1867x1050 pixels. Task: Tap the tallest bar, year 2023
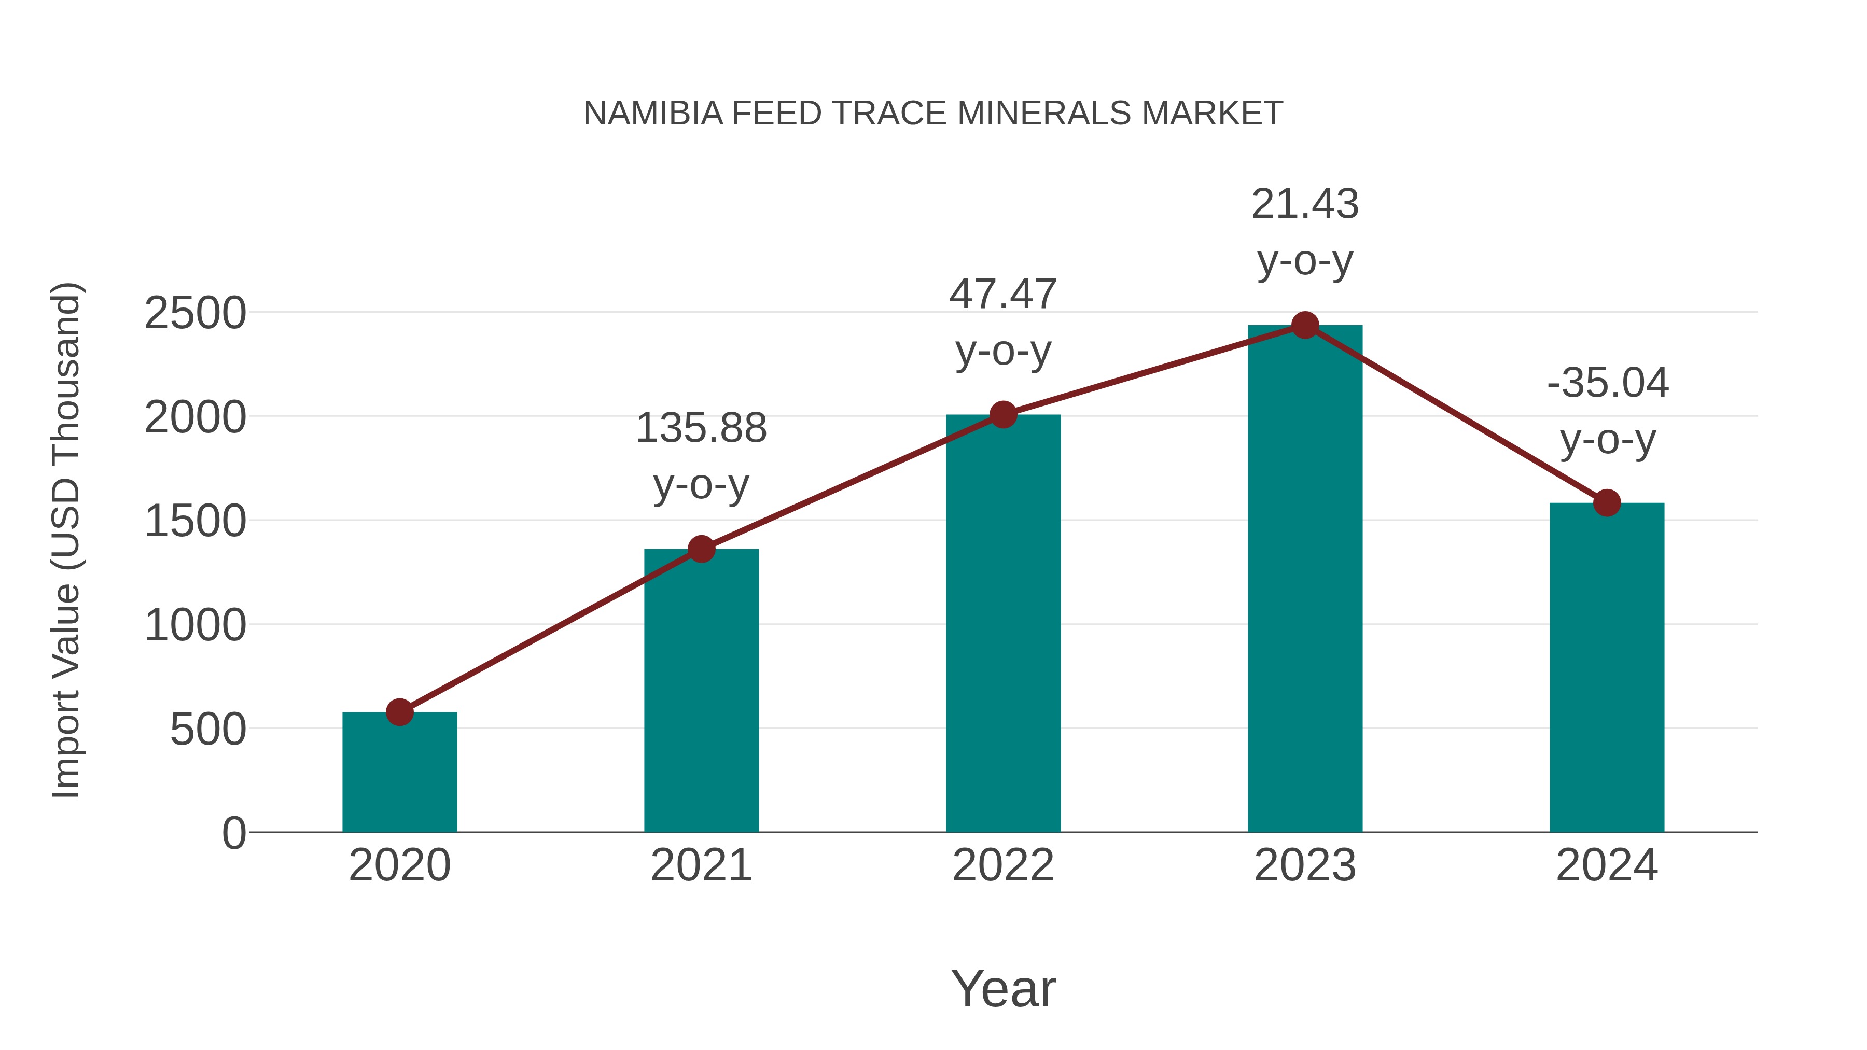(x=1305, y=580)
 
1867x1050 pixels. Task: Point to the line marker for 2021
(x=701, y=549)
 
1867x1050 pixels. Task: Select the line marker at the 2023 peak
(x=1305, y=325)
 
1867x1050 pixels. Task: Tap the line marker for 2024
(x=1607, y=502)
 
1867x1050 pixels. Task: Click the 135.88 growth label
(x=701, y=428)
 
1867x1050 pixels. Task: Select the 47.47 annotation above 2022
(x=1003, y=295)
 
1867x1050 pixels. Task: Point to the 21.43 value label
(x=1305, y=204)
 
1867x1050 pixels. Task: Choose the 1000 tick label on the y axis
(x=195, y=625)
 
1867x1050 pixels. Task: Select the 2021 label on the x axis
(x=701, y=865)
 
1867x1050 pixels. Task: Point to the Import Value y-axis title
(x=65, y=540)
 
